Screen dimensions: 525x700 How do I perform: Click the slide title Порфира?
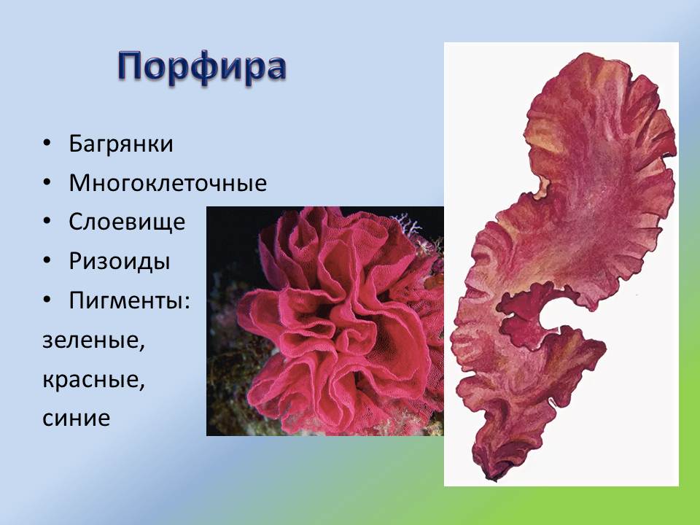(201, 67)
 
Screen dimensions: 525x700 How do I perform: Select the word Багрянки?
(121, 144)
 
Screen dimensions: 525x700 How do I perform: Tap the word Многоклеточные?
(168, 183)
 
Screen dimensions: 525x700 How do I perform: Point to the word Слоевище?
(127, 222)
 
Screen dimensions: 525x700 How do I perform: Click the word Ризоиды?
(120, 261)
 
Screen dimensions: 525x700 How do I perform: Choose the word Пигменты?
(127, 300)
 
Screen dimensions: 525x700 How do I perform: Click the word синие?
(76, 419)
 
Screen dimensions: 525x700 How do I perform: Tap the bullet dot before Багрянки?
(47, 144)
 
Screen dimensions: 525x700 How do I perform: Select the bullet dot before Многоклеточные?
(47, 183)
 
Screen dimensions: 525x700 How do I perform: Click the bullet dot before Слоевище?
(47, 222)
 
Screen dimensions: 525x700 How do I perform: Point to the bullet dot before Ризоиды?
(47, 261)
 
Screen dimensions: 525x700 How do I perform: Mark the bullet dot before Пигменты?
(47, 300)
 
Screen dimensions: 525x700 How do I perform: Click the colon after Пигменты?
(187, 302)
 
